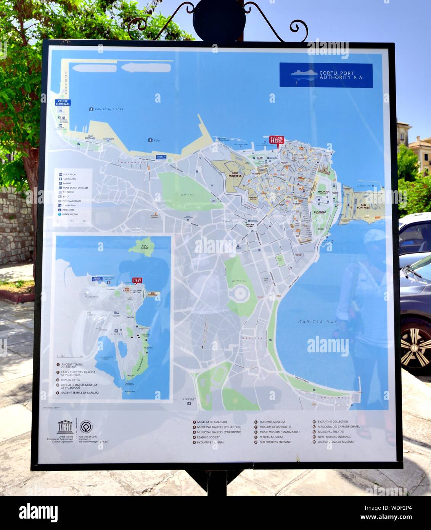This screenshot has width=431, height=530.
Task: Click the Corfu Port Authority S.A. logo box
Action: tap(326, 75)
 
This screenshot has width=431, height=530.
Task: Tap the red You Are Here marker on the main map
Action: tap(277, 140)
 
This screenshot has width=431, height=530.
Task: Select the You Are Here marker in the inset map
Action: tap(137, 281)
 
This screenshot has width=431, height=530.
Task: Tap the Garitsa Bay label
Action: tap(317, 322)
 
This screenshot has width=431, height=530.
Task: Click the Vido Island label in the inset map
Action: tap(144, 247)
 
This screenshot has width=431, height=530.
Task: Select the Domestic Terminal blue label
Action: tap(161, 157)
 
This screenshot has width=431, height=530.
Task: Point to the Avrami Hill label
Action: tap(188, 195)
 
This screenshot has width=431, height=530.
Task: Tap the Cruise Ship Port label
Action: tap(109, 109)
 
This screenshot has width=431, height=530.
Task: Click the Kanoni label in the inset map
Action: tap(130, 376)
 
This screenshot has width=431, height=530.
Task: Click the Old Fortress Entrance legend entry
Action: tap(275, 442)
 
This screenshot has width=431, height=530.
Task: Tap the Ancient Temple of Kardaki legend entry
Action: tap(79, 392)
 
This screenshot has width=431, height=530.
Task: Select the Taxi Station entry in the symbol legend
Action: tap(69, 179)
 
